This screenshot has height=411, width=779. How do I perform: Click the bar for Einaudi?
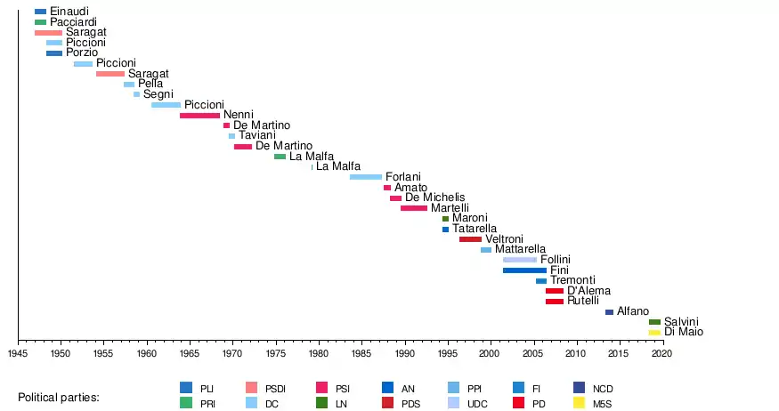40,12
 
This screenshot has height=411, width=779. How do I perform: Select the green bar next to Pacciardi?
40,21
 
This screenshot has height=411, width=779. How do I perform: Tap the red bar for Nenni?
199,116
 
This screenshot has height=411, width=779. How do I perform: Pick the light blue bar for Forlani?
366,177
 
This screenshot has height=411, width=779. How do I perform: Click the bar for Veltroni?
470,239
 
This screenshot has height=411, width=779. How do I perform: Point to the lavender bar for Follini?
520,260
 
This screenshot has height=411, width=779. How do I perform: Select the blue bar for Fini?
524,270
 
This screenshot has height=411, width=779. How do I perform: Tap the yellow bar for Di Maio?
654,332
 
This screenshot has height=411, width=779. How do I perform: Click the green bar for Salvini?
654,322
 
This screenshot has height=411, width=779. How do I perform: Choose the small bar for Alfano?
609,312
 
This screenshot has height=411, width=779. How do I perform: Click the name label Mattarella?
521,250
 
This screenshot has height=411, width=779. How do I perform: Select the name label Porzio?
82,52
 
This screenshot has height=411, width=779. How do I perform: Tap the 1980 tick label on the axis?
319,354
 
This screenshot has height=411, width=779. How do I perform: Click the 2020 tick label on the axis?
662,354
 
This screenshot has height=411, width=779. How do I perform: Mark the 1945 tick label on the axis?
18,354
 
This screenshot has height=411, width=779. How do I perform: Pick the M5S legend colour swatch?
579,403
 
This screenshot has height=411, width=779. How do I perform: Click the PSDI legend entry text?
277,389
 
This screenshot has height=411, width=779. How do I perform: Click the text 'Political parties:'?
59,396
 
